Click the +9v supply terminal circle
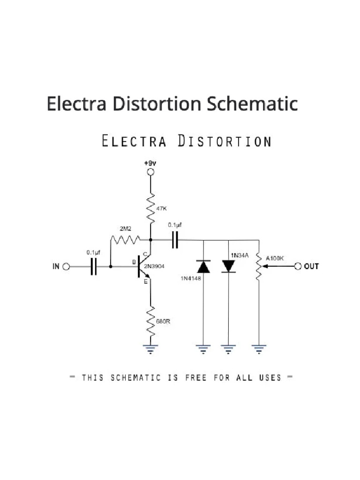point(150,172)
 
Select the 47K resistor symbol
point(150,209)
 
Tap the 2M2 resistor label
point(125,229)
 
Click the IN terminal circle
point(66,267)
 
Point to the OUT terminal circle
point(298,266)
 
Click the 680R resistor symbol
point(150,321)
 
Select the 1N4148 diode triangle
point(203,267)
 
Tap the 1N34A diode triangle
point(228,266)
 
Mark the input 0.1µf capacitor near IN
point(94,267)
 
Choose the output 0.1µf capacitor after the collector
point(175,240)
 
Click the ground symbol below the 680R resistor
point(150,348)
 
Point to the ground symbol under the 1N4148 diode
point(203,348)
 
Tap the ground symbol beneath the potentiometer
point(258,348)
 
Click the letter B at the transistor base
point(134,262)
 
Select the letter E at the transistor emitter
point(145,282)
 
